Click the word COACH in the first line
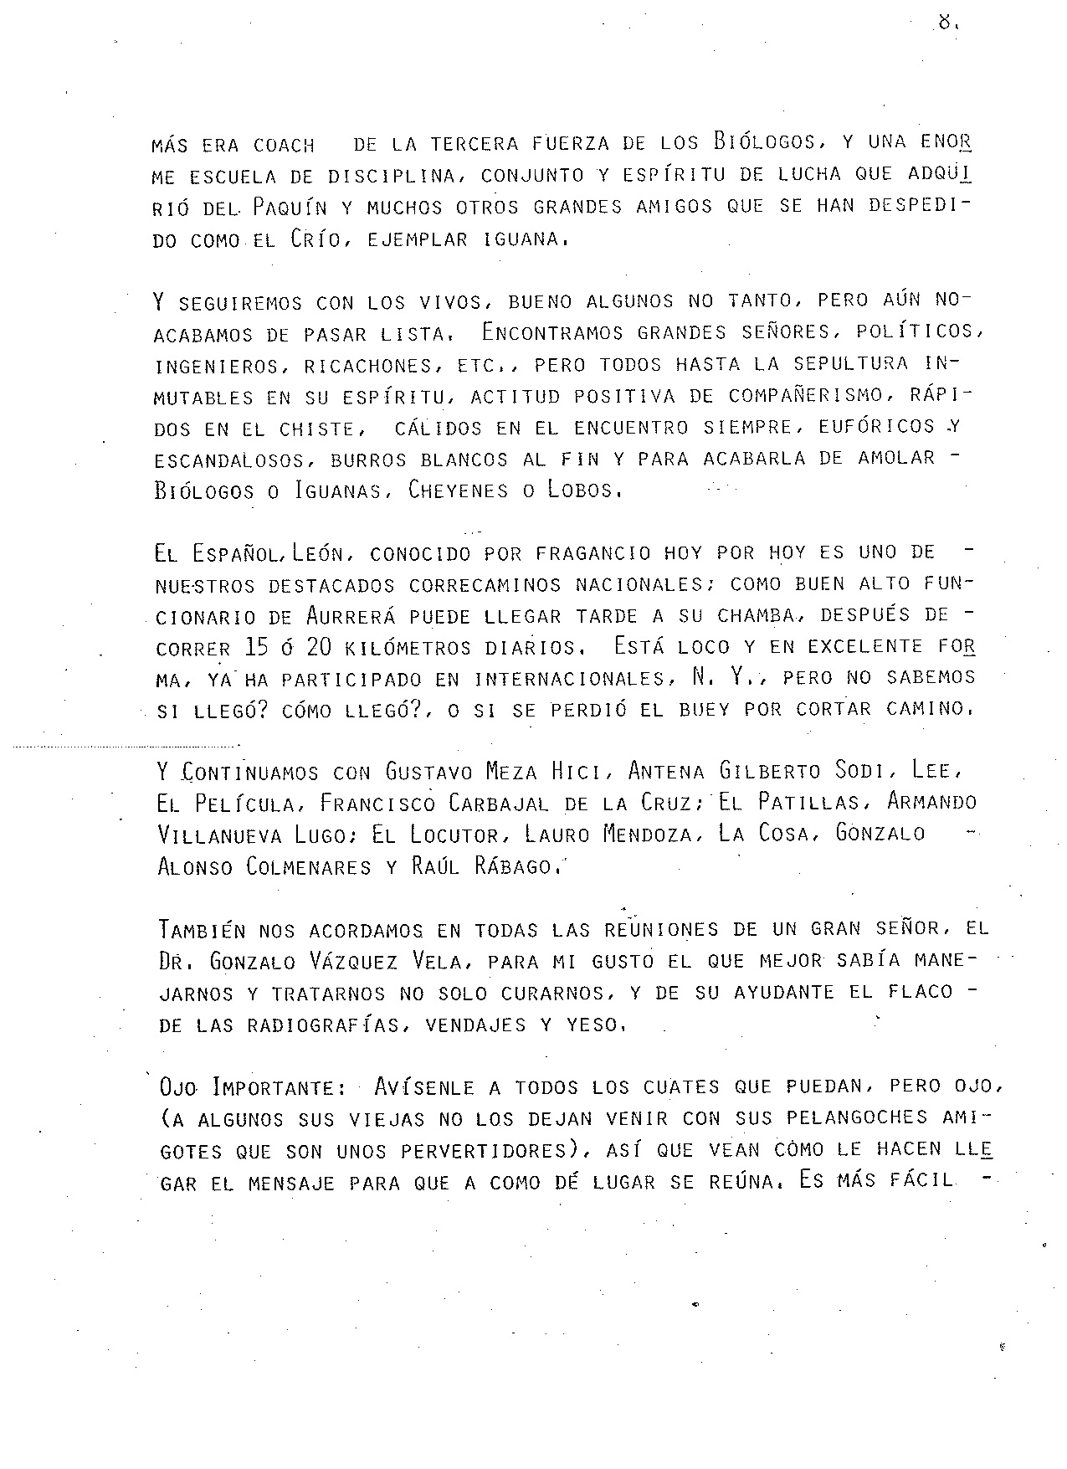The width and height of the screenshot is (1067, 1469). pos(284,146)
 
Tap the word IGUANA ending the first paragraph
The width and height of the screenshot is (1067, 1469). pos(523,239)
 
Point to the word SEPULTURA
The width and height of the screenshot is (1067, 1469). pos(850,365)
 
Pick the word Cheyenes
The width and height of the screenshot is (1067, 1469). pos(458,491)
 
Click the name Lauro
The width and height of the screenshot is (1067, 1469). pos(555,835)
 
